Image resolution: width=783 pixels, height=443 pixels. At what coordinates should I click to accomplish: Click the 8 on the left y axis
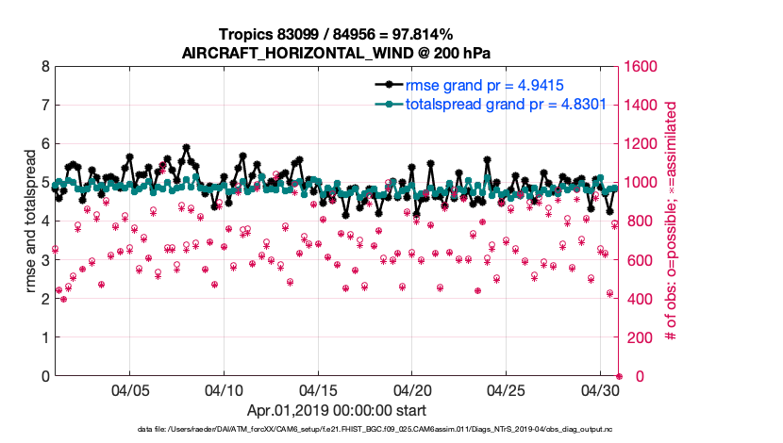tap(45, 67)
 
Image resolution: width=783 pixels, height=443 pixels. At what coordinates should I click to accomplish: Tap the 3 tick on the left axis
tap(45, 260)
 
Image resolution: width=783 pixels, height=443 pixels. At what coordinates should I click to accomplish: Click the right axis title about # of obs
tap(673, 221)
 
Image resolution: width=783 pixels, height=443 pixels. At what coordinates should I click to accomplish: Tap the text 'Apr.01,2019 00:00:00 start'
tap(336, 410)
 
